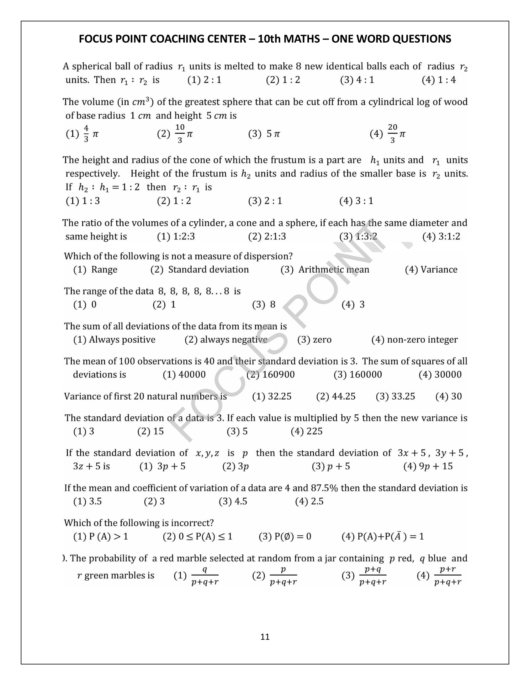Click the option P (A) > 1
108,536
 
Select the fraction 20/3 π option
397,134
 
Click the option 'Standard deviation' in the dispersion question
208,270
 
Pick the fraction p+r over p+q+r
447,576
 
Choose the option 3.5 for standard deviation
95,501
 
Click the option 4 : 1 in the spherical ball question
365,80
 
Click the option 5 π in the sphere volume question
273,134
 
